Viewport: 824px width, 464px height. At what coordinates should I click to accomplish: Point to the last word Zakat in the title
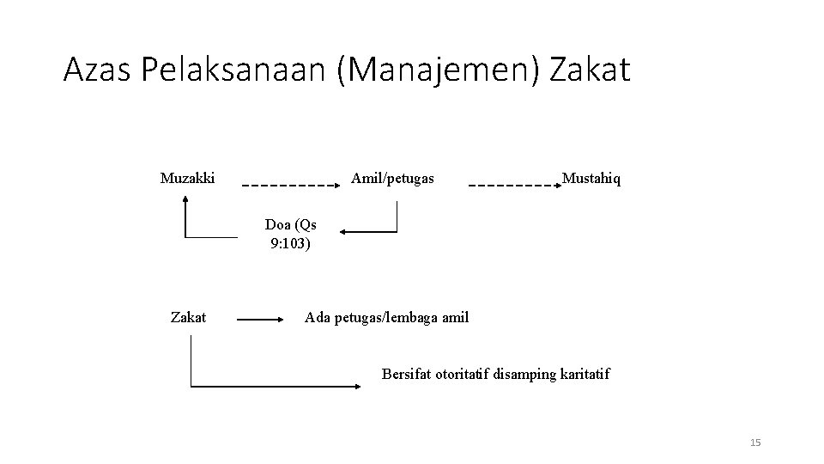(590, 70)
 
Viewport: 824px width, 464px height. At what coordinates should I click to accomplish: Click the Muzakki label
(187, 179)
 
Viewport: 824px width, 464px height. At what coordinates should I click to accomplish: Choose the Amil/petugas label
(392, 179)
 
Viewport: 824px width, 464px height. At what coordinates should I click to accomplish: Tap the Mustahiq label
(591, 179)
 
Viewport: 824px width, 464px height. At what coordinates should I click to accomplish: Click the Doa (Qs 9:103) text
(290, 234)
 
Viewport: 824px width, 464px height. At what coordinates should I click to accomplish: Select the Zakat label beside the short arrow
(188, 317)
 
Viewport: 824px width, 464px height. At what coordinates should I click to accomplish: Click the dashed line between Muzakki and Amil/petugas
(287, 185)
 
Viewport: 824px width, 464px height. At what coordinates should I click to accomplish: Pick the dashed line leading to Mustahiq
(512, 185)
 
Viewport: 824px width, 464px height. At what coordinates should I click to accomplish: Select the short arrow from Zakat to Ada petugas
(264, 319)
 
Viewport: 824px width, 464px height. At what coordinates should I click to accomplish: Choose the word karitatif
(583, 374)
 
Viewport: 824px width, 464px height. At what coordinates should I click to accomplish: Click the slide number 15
(755, 443)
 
